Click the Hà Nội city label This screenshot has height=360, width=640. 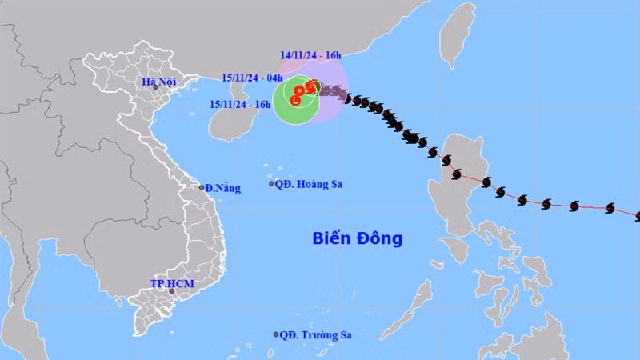coord(158,81)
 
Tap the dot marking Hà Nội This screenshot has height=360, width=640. coord(156,87)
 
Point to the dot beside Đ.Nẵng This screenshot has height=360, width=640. coord(202,187)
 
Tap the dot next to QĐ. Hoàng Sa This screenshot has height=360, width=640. coord(270,184)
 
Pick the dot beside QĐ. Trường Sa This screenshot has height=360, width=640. coord(276,334)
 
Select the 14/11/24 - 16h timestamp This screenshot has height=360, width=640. coord(310,55)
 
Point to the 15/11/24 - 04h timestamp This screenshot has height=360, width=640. coord(252,78)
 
